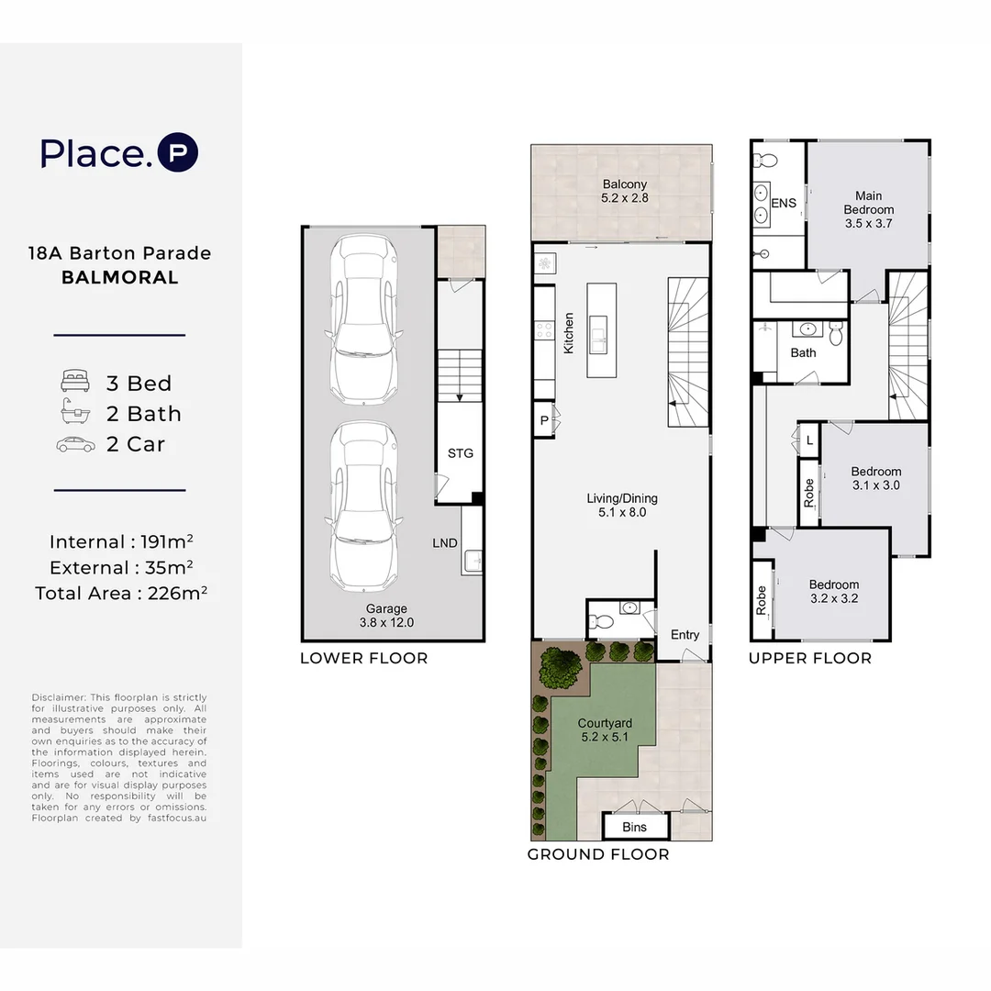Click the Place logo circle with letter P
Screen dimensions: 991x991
pos(178,153)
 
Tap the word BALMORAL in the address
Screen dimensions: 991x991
pos(120,277)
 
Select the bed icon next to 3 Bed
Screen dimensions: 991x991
pos(75,383)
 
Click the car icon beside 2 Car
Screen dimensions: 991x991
pos(75,444)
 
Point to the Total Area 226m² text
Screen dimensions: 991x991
pos(120,593)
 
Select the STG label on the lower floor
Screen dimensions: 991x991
pos(461,453)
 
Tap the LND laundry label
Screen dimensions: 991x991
pos(445,543)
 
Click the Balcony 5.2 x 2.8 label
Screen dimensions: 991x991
pos(624,191)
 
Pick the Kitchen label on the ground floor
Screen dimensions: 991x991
pos(569,333)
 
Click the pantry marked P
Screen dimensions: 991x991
pos(544,421)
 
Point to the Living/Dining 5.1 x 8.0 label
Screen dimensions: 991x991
pos(622,506)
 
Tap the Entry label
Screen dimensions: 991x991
pos(685,635)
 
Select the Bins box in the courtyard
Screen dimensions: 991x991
pos(634,827)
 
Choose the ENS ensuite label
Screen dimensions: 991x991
pos(784,203)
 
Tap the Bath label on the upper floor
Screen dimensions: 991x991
pos(803,352)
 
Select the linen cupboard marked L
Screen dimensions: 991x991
pos(808,440)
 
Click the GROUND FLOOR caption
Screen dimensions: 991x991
pos(597,854)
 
